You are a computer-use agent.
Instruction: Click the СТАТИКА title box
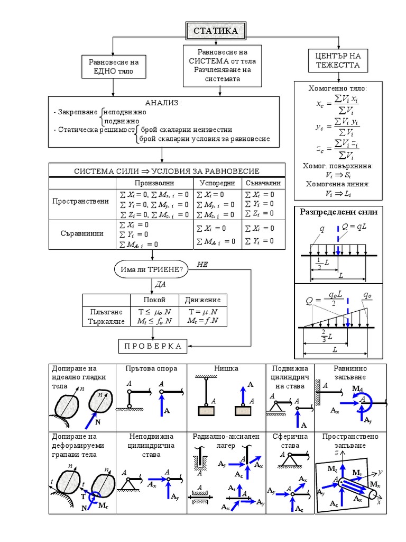click(215, 31)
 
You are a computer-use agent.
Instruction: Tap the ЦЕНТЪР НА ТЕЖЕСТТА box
click(338, 61)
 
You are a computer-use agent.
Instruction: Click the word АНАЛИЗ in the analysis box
click(163, 103)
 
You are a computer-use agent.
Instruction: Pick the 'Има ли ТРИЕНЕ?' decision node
click(151, 270)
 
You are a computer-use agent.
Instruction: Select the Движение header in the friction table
click(202, 300)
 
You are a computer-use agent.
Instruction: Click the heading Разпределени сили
click(339, 212)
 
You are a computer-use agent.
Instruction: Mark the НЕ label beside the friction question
click(202, 264)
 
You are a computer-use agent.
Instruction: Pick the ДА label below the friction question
click(160, 284)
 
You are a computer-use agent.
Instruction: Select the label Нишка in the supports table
click(226, 368)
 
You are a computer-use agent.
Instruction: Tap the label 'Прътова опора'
click(152, 368)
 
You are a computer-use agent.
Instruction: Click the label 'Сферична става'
click(290, 441)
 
